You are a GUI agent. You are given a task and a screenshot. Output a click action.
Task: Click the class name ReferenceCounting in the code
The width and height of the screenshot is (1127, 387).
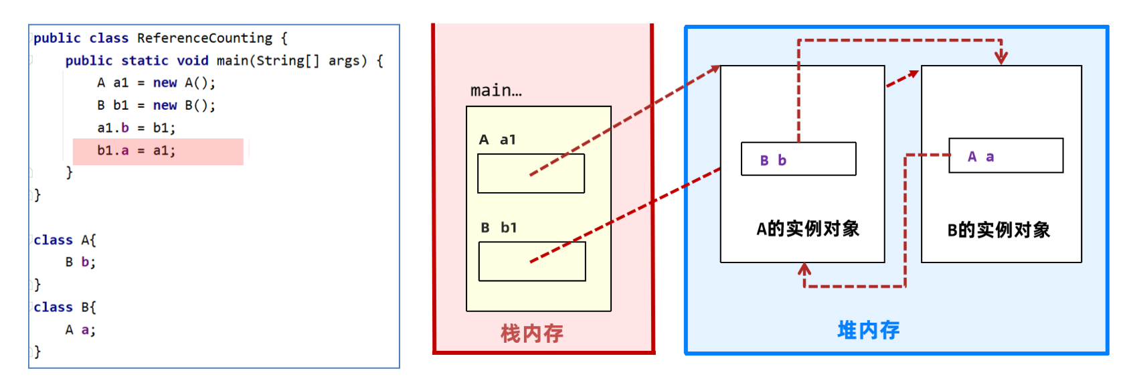(x=204, y=38)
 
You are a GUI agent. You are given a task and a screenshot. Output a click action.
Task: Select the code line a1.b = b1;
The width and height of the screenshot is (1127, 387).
(x=136, y=128)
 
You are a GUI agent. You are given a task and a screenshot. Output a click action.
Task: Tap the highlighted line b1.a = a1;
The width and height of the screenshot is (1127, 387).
(x=136, y=151)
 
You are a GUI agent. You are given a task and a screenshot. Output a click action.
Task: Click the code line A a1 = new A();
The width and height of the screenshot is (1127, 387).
(x=156, y=83)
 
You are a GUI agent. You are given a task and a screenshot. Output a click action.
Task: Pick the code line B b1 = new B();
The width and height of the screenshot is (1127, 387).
(x=156, y=105)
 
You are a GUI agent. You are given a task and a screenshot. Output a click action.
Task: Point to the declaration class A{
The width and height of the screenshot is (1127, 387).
(x=65, y=240)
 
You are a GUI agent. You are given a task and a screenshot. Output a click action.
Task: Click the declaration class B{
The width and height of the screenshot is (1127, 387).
(x=65, y=307)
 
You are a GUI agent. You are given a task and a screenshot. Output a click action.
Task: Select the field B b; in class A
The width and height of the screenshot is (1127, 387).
(x=80, y=262)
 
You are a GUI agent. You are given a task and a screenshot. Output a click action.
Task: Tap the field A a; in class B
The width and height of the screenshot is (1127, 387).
(x=80, y=330)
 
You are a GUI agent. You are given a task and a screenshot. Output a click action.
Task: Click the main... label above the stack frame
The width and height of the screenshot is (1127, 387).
(x=496, y=90)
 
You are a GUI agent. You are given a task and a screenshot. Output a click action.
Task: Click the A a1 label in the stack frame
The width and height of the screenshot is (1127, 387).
(x=497, y=140)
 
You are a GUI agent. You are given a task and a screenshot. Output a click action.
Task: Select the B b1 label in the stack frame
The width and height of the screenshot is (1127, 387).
(x=499, y=228)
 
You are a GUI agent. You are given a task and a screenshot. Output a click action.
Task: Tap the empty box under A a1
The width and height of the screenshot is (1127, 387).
(x=531, y=173)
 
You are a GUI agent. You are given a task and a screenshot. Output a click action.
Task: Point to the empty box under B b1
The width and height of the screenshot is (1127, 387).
(x=532, y=261)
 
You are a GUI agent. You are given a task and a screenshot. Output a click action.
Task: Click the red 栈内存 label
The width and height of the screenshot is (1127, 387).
(x=532, y=333)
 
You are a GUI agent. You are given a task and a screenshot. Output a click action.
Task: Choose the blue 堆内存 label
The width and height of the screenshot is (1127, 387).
(x=869, y=330)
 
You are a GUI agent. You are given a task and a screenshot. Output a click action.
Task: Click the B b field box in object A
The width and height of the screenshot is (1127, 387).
(x=798, y=159)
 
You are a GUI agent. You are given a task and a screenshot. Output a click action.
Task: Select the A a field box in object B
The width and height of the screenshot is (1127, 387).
(x=1006, y=156)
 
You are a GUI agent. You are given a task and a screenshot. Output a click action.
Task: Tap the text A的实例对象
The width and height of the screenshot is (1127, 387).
(x=808, y=229)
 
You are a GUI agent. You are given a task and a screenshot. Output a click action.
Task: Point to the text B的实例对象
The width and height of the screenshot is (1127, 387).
(x=999, y=230)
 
